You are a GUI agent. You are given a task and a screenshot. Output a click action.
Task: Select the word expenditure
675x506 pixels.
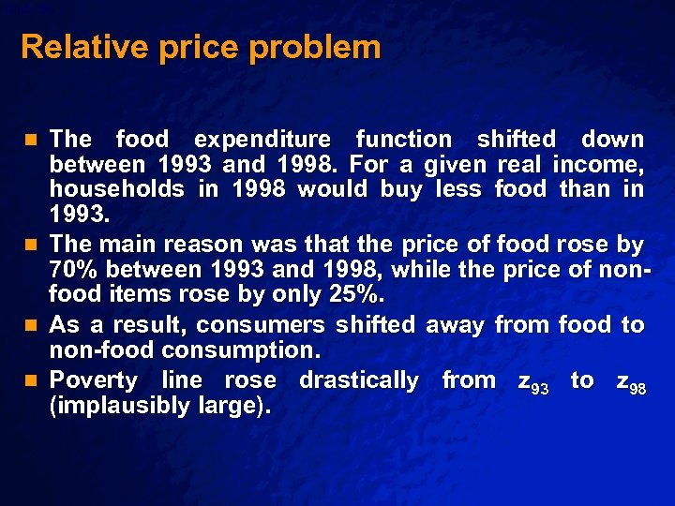tap(262, 140)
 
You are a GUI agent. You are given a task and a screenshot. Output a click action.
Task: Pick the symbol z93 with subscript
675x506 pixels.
tap(532, 381)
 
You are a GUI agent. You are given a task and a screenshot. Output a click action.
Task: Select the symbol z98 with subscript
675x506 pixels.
tap(630, 381)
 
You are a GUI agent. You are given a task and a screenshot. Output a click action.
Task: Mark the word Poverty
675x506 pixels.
tap(93, 380)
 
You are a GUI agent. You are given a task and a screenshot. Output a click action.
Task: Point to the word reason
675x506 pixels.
tap(202, 246)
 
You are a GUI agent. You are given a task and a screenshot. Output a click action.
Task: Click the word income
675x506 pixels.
tap(597, 165)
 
